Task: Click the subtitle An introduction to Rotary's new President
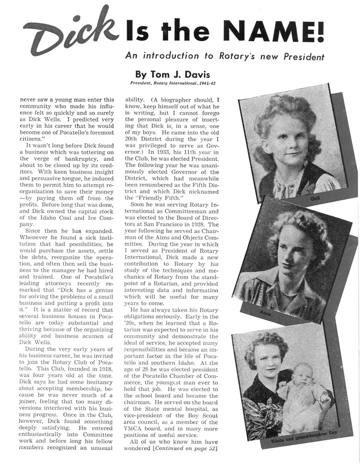(224, 56)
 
